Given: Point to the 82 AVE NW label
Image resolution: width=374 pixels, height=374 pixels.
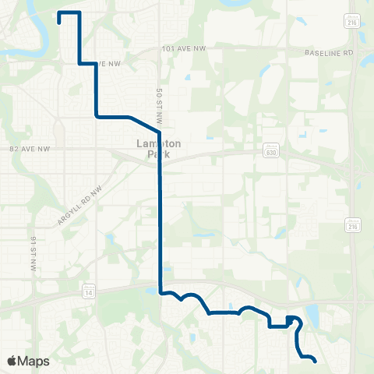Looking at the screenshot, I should [x=23, y=146].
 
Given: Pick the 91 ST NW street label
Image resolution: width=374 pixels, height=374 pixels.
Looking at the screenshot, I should [x=34, y=250].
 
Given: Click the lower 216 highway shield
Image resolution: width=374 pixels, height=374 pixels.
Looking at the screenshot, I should [x=353, y=225].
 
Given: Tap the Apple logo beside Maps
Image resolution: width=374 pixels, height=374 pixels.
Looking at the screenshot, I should [x=12, y=361].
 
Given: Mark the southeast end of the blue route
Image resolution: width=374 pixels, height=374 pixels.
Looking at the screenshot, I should [x=314, y=362].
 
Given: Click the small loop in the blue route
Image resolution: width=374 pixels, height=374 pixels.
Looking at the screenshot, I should [x=291, y=319].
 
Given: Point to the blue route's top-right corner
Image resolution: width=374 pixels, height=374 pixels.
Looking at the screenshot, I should [x=79, y=13].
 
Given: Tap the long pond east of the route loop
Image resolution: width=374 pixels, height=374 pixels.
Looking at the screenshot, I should [x=313, y=316].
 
